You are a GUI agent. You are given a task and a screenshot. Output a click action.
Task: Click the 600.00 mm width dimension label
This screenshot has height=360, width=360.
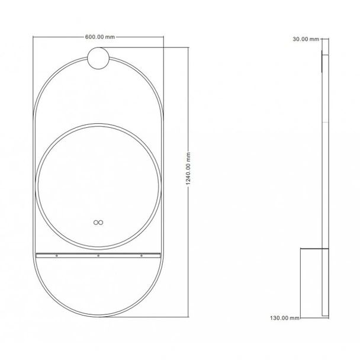pyautogui.click(x=99, y=37)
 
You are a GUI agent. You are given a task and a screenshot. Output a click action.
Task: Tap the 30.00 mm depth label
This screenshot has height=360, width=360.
pyautogui.click(x=306, y=39)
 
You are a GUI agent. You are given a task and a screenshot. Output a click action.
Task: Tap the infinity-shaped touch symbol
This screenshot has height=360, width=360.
pyautogui.click(x=98, y=223)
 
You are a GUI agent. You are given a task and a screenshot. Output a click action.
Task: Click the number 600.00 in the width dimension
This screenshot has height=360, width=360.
pyautogui.click(x=95, y=37)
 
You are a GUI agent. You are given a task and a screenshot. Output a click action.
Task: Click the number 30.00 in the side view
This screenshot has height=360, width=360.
pyautogui.click(x=301, y=39)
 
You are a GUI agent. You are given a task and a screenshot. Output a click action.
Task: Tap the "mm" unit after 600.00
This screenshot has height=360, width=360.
pyautogui.click(x=110, y=37)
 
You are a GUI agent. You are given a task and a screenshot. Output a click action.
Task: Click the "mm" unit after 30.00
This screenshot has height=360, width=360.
pyautogui.click(x=315, y=39)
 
